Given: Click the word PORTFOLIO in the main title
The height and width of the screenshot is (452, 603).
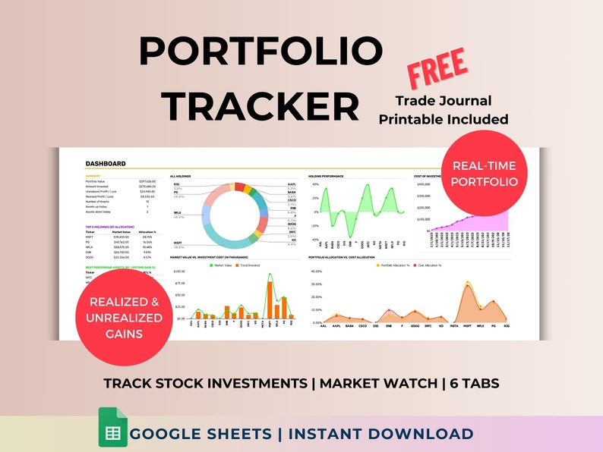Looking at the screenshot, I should click(x=260, y=52).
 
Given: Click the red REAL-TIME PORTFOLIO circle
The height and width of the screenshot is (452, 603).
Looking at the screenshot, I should click(x=485, y=173).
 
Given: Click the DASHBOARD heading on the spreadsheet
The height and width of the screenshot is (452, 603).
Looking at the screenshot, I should click(x=106, y=163).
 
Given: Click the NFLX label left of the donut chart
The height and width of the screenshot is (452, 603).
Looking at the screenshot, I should click(x=177, y=213).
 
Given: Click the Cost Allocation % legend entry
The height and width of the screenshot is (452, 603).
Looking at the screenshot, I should click(x=427, y=266).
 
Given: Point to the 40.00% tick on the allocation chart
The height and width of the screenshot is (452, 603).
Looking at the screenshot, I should click(x=318, y=271).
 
